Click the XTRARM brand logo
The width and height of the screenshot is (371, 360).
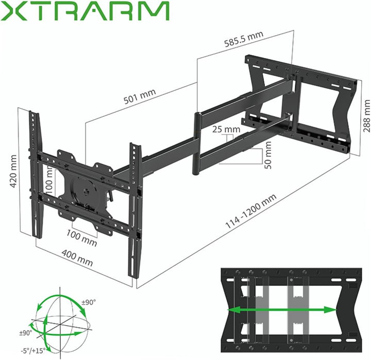85,11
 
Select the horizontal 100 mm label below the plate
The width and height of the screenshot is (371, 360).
82,237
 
